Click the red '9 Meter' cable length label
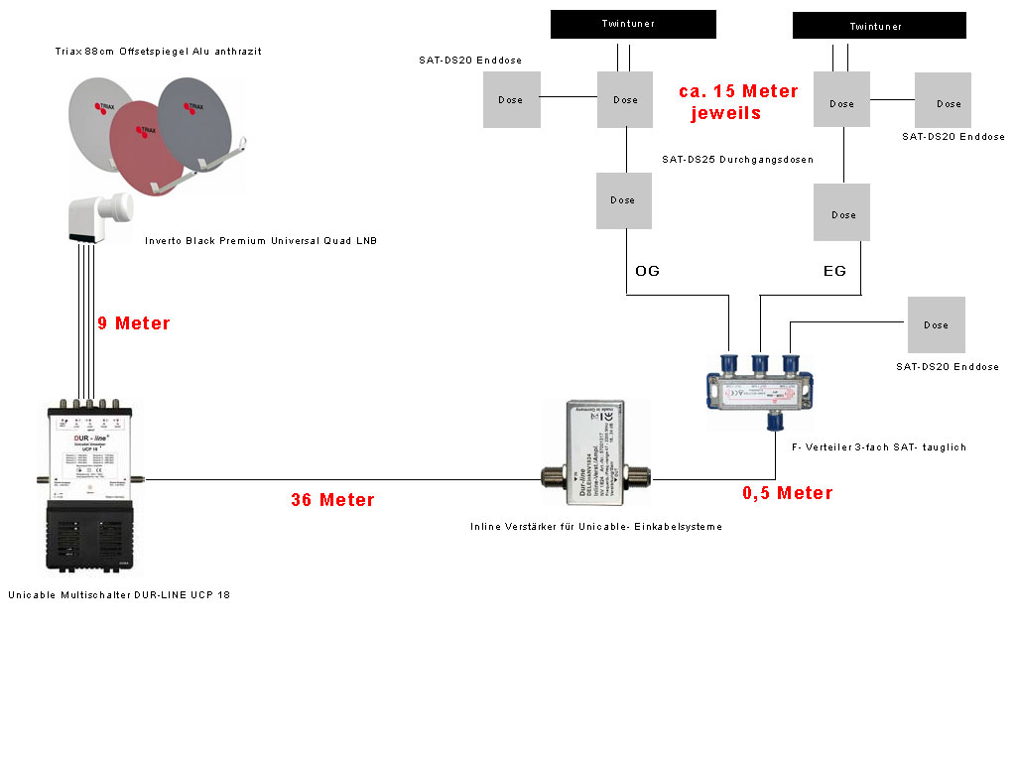[133, 323]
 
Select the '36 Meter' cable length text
[332, 500]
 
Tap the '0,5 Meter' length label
[787, 493]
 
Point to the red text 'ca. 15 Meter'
[738, 91]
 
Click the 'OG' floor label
[647, 271]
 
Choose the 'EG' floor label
[834, 271]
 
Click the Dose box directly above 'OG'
[623, 200]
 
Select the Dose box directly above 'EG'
[842, 213]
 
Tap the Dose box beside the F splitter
[936, 324]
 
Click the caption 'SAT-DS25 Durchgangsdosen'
[738, 159]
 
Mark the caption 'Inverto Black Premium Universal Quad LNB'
[260, 240]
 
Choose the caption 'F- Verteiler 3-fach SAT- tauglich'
[880, 447]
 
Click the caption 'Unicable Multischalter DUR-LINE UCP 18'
[125, 595]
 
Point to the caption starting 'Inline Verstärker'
[595, 527]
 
